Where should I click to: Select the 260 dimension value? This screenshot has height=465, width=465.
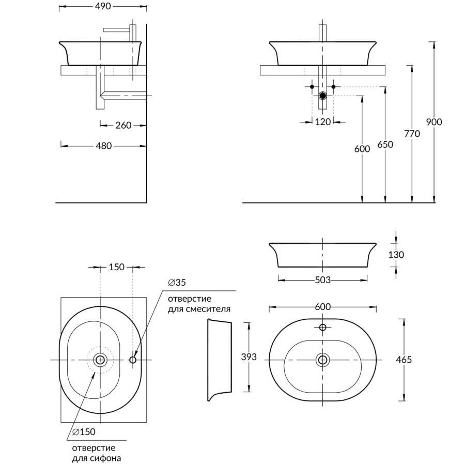pos(123,125)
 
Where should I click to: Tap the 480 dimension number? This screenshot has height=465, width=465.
pos(104,146)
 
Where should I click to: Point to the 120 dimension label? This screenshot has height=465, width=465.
pos(322,122)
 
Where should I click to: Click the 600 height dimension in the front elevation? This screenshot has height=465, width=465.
pos(362,149)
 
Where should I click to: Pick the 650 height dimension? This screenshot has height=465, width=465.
pos(385,145)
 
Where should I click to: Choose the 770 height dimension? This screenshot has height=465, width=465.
pos(412,133)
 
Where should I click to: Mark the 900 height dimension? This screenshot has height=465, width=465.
pos(434,122)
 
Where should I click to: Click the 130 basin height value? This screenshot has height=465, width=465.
pos(396,255)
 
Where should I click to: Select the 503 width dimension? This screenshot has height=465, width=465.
pos(322,280)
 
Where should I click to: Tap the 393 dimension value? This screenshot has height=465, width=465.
pos(249,357)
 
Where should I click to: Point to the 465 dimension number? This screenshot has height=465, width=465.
pos(404,360)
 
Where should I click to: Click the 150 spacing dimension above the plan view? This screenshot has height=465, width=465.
pos(117,267)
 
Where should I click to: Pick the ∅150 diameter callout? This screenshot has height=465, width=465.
pos(84,431)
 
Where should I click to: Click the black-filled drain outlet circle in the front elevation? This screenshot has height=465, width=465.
pos(323,96)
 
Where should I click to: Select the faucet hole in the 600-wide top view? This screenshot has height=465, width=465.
pos(323,327)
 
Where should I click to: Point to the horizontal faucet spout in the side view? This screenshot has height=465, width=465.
pos(117,30)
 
